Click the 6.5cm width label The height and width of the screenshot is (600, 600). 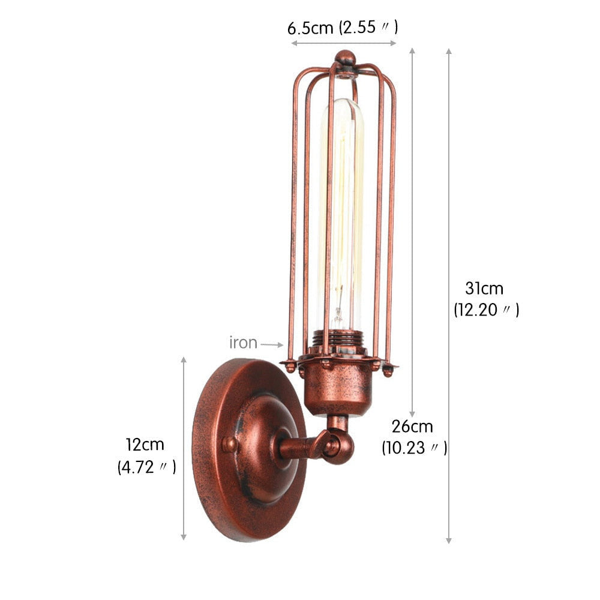(x=310, y=28)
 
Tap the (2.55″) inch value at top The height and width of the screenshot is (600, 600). (x=368, y=28)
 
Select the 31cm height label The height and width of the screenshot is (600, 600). (x=484, y=288)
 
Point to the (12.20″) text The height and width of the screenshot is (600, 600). (x=487, y=310)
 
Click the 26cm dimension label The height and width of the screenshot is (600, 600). (x=412, y=426)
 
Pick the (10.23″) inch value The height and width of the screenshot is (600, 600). (x=415, y=448)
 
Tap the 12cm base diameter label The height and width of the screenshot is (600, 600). (x=145, y=445)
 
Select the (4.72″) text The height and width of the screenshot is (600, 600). (x=147, y=467)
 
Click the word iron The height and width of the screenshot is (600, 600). (x=244, y=343)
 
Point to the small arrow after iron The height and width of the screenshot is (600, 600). (x=272, y=345)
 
